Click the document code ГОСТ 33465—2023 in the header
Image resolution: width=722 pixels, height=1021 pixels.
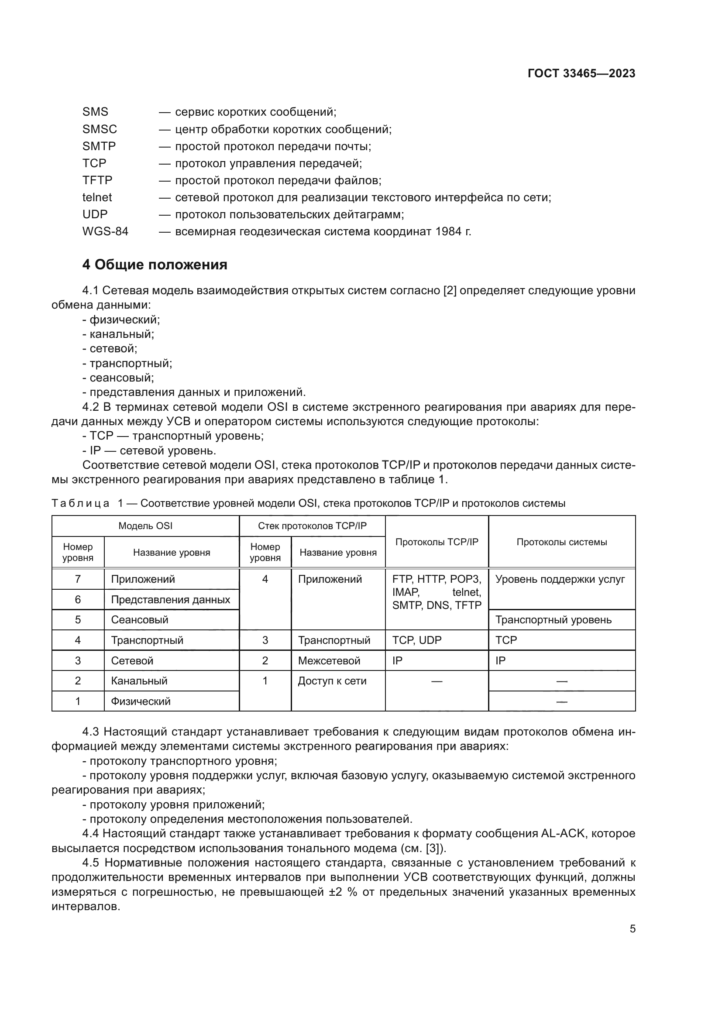point(581,73)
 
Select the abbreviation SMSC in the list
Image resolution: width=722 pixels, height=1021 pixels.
point(100,129)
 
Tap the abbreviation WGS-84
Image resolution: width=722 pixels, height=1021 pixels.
point(105,231)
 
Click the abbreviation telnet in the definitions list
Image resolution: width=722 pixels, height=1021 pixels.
point(97,197)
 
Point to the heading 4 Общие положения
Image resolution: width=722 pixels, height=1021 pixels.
point(154,265)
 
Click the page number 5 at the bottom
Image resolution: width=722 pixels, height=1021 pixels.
point(632,929)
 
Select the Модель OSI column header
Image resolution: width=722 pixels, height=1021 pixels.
point(145,526)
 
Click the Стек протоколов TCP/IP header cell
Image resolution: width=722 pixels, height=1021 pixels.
point(312,526)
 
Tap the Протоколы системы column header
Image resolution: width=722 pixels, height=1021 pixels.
point(561,542)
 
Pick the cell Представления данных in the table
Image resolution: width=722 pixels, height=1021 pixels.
point(170,599)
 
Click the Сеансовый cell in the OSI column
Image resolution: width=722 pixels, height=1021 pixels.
point(140,619)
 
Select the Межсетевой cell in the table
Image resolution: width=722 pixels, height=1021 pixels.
point(329,660)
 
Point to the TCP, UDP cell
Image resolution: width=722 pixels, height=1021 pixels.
point(416,640)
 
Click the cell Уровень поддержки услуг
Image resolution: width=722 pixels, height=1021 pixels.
point(560,579)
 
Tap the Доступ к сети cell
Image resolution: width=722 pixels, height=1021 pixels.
point(332,681)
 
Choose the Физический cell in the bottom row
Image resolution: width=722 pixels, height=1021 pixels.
point(141,701)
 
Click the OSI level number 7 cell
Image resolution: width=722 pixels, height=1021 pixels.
point(78,579)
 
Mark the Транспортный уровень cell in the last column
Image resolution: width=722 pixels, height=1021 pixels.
point(553,620)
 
